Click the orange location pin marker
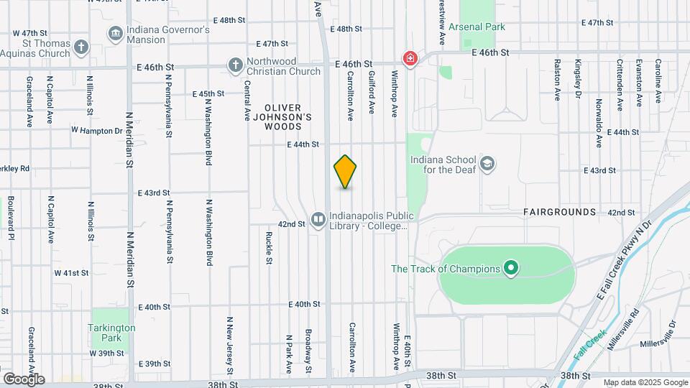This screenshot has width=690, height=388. [x=346, y=172]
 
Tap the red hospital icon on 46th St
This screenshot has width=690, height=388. [x=410, y=58]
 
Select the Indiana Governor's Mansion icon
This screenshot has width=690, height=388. [x=114, y=34]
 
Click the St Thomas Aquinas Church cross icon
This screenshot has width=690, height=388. [x=81, y=48]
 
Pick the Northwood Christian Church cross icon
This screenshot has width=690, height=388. [x=234, y=66]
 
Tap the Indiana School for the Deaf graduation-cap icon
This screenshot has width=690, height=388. [x=488, y=164]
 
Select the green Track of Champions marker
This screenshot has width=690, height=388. [x=511, y=269]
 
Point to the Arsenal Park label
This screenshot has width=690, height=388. [x=477, y=27]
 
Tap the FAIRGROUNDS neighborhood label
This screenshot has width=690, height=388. [x=559, y=212]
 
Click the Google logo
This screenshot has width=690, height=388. [x=23, y=379]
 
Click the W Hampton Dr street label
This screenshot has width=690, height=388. [x=97, y=131]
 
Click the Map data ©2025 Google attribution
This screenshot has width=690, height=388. [x=645, y=382]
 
